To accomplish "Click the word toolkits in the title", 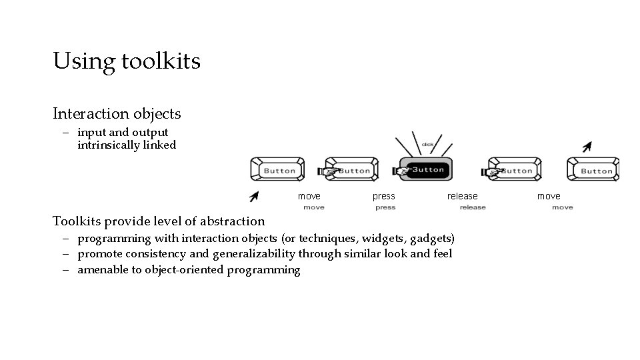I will [160, 61].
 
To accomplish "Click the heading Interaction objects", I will [117, 114].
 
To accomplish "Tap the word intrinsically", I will [108, 145].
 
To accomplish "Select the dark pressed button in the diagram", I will [425, 169].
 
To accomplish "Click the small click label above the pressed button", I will [427, 145].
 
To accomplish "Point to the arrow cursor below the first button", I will [254, 195].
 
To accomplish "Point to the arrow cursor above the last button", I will [586, 147].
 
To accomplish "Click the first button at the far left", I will [277, 170].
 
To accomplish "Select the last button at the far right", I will [593, 170].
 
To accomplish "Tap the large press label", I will [383, 196].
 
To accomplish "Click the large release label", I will [462, 196].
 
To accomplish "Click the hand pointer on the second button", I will [329, 172].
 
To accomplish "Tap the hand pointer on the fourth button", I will [493, 173].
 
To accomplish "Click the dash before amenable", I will [68, 270].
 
